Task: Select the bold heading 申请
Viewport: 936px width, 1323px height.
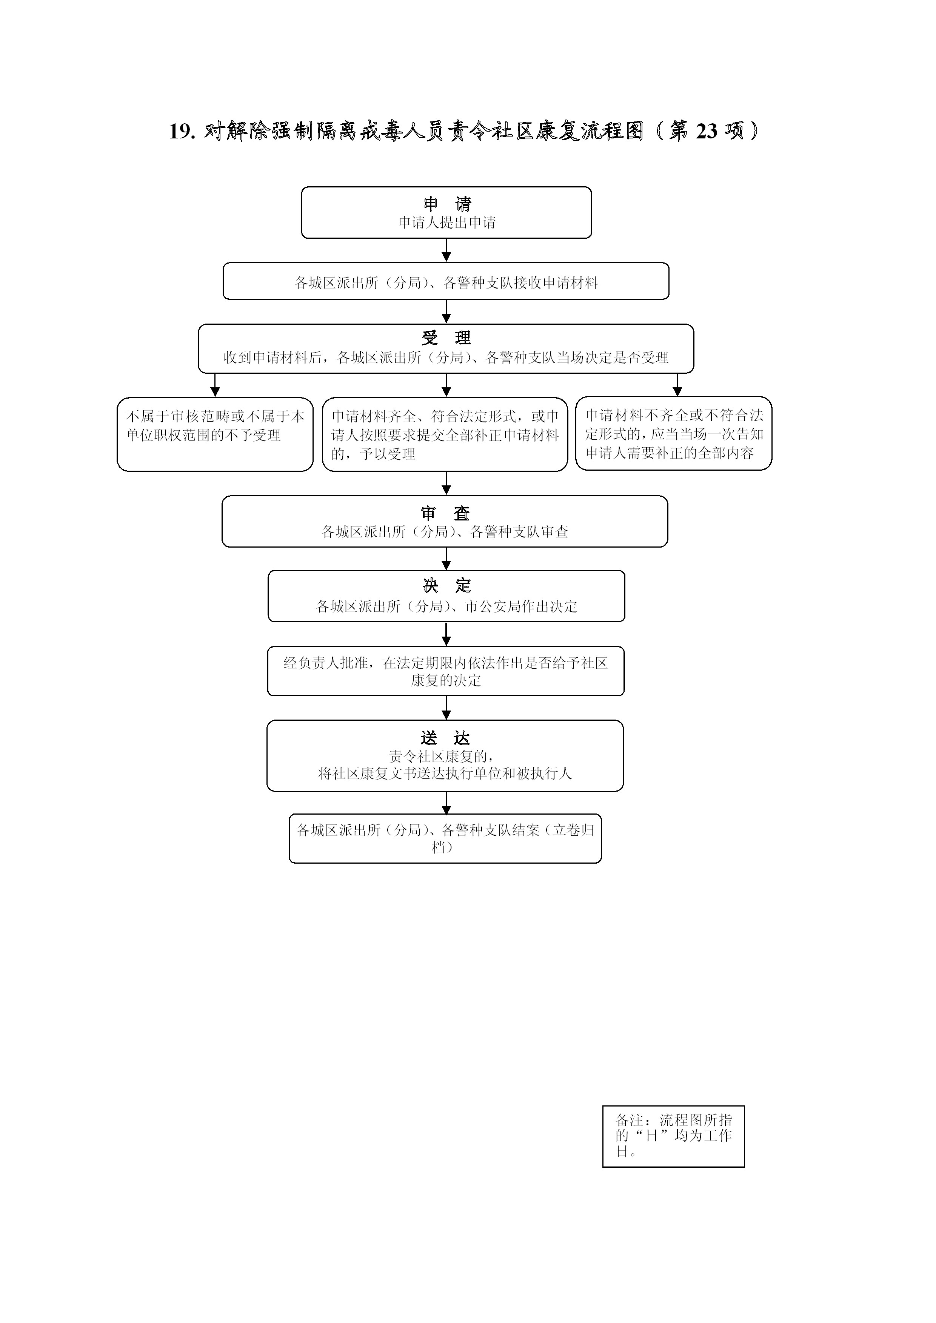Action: [x=447, y=204]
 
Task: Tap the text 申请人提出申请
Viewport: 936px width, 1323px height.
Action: [x=447, y=223]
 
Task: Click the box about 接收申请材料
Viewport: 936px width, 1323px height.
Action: [x=446, y=281]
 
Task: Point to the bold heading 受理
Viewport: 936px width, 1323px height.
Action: [x=446, y=338]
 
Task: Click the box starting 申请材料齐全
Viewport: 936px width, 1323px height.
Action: [x=445, y=434]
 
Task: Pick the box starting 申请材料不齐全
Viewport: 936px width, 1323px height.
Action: [x=674, y=433]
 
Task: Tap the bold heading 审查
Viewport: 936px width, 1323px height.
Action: [x=445, y=513]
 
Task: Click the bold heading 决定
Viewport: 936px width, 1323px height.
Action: [x=446, y=586]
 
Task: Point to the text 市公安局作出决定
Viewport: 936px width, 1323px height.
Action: [x=521, y=606]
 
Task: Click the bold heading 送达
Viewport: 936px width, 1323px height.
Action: [x=445, y=738]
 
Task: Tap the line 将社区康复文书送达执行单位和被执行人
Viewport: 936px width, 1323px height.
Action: [x=445, y=773]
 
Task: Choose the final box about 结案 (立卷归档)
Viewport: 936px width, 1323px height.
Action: [x=445, y=838]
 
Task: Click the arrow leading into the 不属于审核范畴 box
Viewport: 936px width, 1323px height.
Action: [x=215, y=385]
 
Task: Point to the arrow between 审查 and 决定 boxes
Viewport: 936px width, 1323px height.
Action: [x=446, y=559]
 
